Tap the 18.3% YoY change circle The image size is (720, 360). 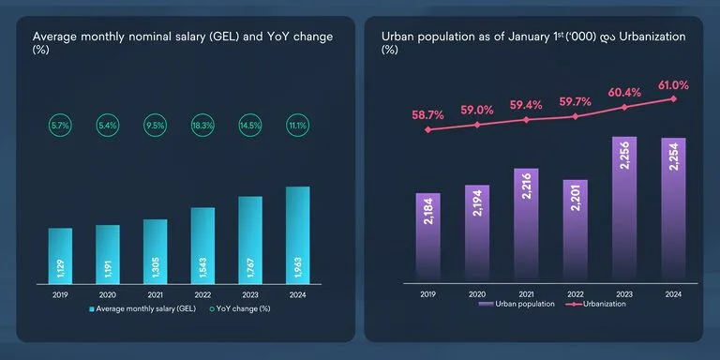point(202,125)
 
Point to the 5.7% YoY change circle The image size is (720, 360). point(60,125)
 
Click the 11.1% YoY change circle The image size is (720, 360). point(297,125)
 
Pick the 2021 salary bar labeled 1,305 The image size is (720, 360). point(155,251)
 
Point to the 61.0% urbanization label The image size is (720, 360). point(673,85)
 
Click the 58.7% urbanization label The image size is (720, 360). point(428,114)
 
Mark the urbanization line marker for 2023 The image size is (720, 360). point(624,107)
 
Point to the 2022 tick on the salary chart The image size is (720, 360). point(202,292)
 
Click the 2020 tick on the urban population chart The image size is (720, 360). point(477,292)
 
